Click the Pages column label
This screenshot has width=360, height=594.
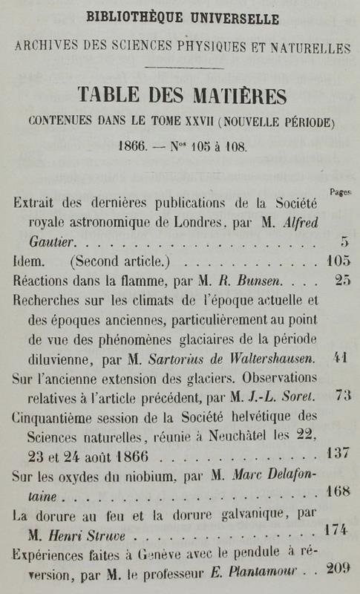pyautogui.click(x=340, y=192)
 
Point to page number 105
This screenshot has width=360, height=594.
pyautogui.click(x=338, y=261)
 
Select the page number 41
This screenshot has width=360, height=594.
pyautogui.click(x=342, y=357)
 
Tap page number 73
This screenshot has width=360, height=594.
pyautogui.click(x=342, y=395)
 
